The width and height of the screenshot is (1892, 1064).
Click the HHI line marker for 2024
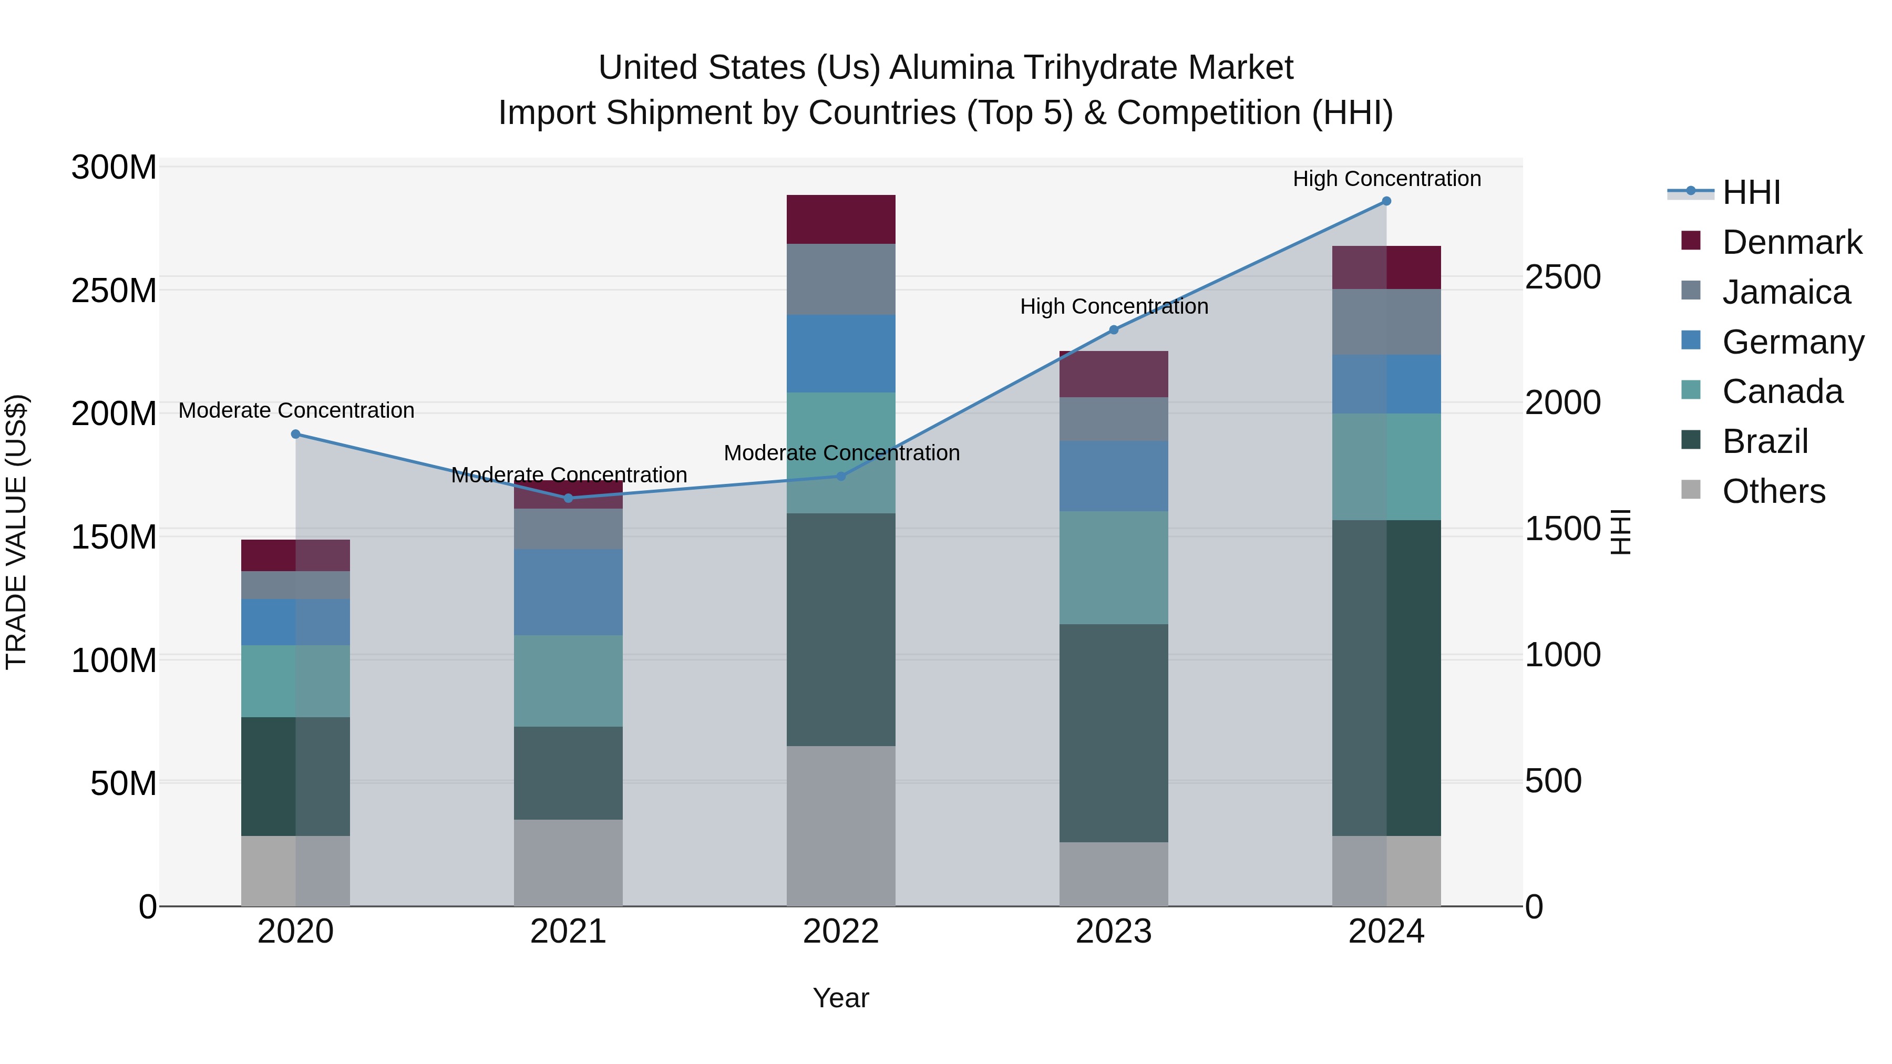pyautogui.click(x=1386, y=201)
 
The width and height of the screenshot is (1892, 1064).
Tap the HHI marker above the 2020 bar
pyautogui.click(x=295, y=434)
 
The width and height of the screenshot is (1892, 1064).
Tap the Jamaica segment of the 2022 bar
pyautogui.click(x=840, y=279)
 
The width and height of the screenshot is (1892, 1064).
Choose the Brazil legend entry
pyautogui.click(x=1764, y=441)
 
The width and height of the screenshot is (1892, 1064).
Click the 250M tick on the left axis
pyautogui.click(x=114, y=291)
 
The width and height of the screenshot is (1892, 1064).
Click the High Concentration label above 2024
pyautogui.click(x=1386, y=179)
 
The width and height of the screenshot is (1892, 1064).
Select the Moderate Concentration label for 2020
pyautogui.click(x=296, y=410)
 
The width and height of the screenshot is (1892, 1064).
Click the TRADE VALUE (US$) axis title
pyautogui.click(x=16, y=532)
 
